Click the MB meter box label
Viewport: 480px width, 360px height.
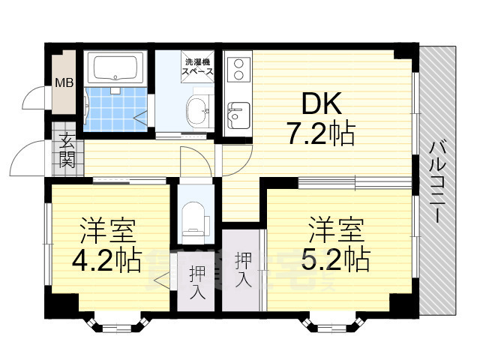[x=64, y=82]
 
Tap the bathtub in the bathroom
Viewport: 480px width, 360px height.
[x=115, y=68]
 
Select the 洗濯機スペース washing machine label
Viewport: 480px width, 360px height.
[x=197, y=67]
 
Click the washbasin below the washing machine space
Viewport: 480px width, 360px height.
[x=198, y=109]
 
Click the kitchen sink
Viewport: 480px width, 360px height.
[x=238, y=115]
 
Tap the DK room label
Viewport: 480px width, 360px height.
[x=322, y=103]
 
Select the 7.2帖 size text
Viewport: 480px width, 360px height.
[x=320, y=133]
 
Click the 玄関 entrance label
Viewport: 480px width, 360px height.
[x=67, y=151]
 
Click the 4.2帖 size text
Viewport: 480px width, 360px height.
[x=107, y=260]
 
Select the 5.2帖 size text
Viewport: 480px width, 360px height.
[x=336, y=259]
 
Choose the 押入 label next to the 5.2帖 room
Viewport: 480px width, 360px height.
[x=243, y=270]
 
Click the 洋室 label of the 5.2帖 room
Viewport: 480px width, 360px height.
[x=337, y=229]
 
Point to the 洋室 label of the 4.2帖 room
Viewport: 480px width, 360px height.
[x=107, y=230]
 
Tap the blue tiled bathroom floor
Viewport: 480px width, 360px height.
[x=115, y=109]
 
